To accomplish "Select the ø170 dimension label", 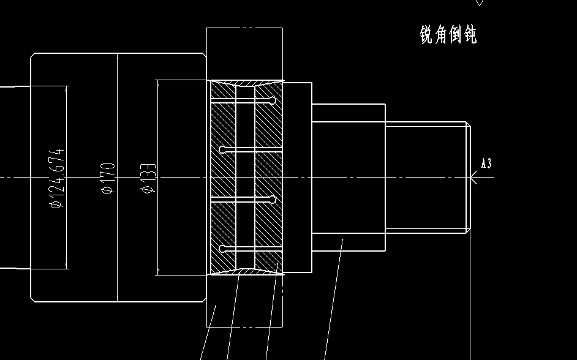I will [x=108, y=178].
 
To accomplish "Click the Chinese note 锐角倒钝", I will [x=448, y=35].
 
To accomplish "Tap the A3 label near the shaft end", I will [x=486, y=163].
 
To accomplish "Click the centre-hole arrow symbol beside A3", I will [x=473, y=178].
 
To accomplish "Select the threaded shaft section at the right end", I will [x=427, y=178].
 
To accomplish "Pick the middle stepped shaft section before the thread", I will [x=348, y=178].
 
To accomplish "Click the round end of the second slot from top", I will [x=222, y=149].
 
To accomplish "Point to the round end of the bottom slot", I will [x=222, y=249].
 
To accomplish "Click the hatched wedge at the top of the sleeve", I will [x=246, y=83].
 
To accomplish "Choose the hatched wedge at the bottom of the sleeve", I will [x=246, y=271].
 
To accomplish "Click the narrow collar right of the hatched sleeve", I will [x=298, y=178].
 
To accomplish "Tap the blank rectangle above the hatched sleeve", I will [x=244, y=54].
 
